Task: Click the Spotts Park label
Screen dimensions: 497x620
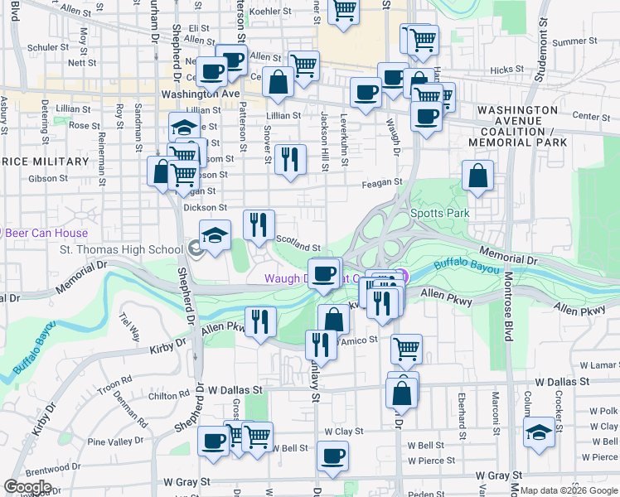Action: [439, 213]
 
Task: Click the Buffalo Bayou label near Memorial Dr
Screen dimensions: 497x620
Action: [467, 267]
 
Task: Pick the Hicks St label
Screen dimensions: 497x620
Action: [506, 70]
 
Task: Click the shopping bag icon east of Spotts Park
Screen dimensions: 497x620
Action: [477, 176]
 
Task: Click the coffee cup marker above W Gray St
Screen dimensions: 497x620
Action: [332, 456]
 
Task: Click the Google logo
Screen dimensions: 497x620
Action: [27, 486]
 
